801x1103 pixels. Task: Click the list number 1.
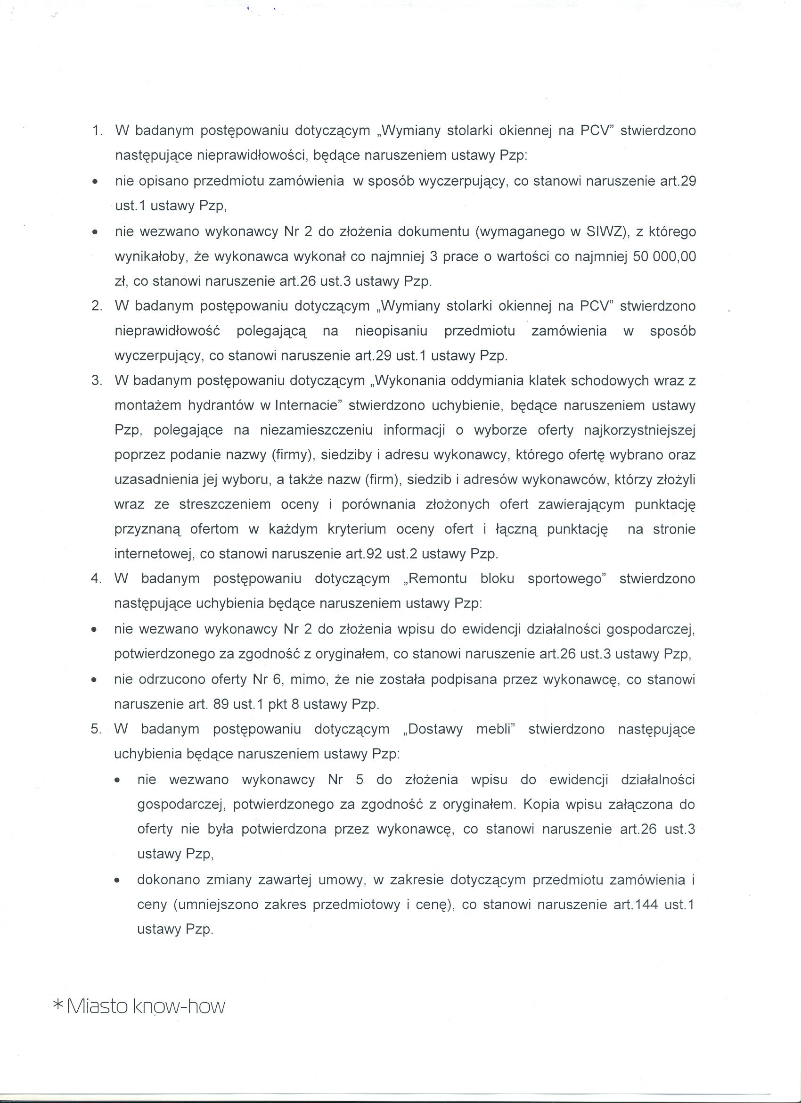tap(96, 131)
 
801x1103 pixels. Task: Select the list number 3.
tap(96, 380)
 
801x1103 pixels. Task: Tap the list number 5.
tap(95, 729)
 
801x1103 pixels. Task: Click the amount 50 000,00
tap(664, 256)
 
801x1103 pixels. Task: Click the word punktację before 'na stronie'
tap(577, 529)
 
